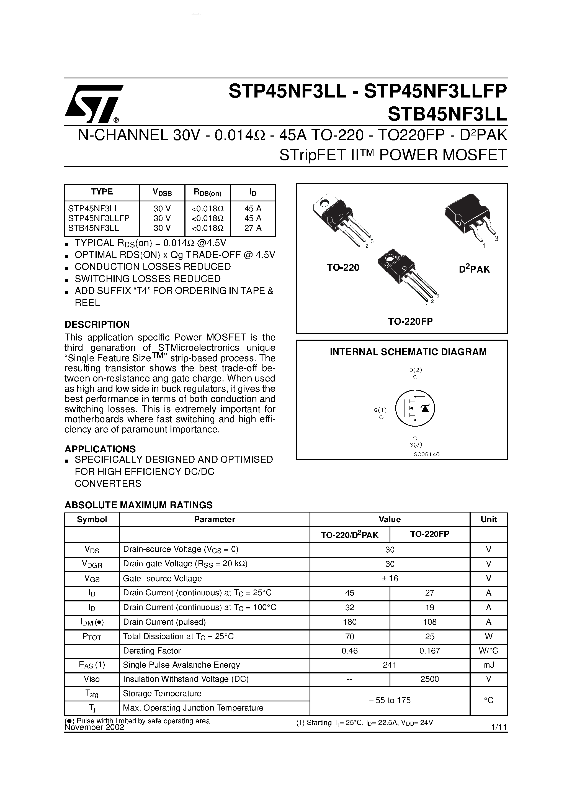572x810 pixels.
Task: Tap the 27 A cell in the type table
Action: (x=253, y=228)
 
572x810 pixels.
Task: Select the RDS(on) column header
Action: (x=207, y=192)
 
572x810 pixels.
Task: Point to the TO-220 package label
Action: (x=342, y=267)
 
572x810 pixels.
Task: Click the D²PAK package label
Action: (x=474, y=269)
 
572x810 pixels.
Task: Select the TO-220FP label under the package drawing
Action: (x=410, y=321)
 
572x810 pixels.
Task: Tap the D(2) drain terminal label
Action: (x=415, y=370)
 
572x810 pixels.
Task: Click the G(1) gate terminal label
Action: (x=380, y=410)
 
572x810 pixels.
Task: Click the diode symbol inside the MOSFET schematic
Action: (x=425, y=408)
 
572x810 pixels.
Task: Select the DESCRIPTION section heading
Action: (x=97, y=324)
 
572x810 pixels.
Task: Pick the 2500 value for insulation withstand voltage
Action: (x=429, y=679)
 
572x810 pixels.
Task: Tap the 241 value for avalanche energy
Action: (x=390, y=665)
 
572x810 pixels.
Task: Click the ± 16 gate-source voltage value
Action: (x=390, y=579)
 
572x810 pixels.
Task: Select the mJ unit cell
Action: (x=488, y=665)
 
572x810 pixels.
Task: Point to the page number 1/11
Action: (x=498, y=727)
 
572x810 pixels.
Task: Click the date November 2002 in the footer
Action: (x=94, y=727)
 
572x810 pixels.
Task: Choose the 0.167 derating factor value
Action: (x=429, y=650)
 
